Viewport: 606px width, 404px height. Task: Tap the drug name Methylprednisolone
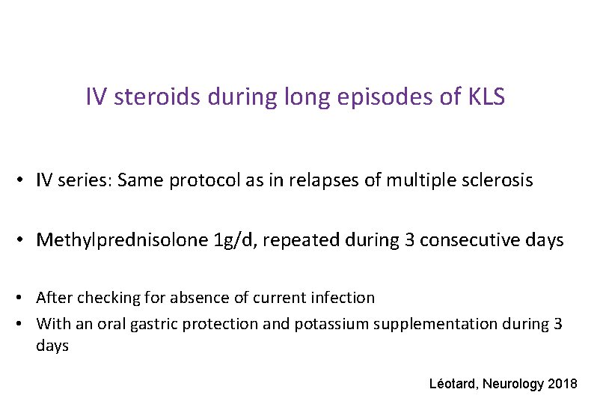123,240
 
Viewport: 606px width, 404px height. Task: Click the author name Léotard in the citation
453,384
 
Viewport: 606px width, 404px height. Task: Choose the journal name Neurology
514,384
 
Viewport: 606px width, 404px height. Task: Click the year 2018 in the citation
563,384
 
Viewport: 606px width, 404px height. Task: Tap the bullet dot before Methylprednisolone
25,241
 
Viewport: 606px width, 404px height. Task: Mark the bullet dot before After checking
25,299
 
